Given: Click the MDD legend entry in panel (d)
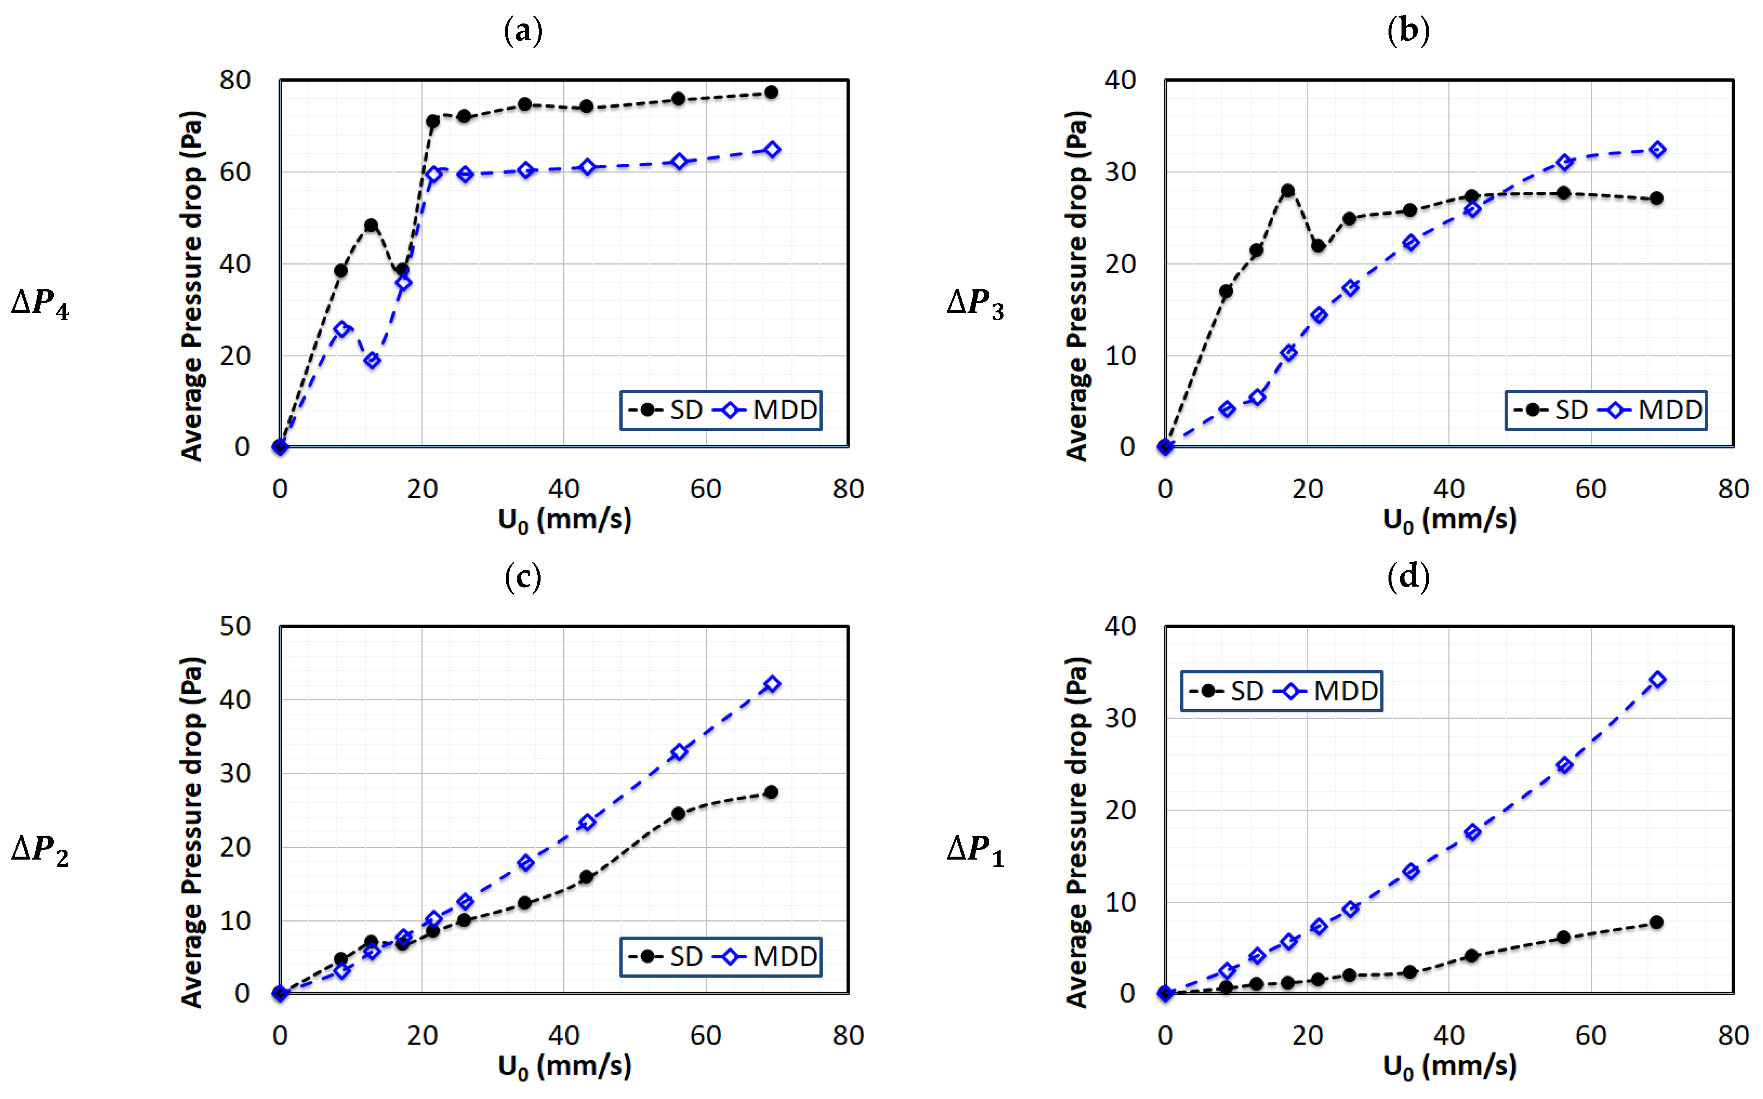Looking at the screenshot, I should pos(1329,691).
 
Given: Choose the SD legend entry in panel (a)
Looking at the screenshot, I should pos(667,410).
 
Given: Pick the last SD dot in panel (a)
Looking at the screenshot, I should pos(772,92).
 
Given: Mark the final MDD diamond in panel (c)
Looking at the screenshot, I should pos(772,684).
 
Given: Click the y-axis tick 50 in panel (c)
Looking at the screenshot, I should pos(235,626).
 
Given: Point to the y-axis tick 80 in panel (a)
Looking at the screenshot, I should pos(235,80).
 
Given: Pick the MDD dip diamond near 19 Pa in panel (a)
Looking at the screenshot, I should pos(372,361).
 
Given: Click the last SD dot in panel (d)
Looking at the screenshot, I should pos(1657,922).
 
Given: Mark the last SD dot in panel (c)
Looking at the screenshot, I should pos(772,792).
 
